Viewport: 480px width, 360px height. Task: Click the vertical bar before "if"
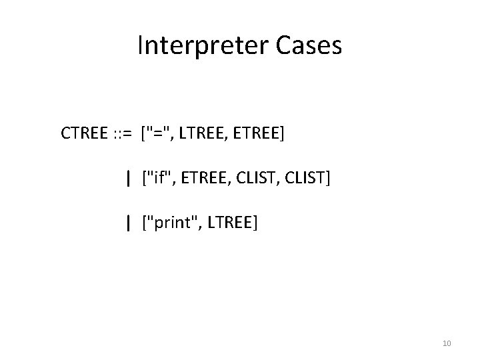(127, 178)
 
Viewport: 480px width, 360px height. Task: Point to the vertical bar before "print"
(127, 223)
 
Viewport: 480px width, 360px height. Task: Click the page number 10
(447, 343)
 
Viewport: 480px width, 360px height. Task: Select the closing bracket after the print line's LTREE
(255, 223)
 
